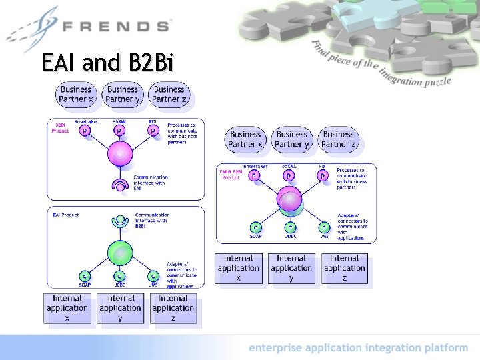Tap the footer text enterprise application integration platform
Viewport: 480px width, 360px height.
pyautogui.click(x=358, y=347)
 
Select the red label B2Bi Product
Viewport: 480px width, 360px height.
pyautogui.click(x=60, y=127)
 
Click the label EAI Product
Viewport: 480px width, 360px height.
pyautogui.click(x=66, y=215)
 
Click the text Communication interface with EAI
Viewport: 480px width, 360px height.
pyautogui.click(x=150, y=183)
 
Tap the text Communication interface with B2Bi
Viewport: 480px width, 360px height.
pyautogui.click(x=152, y=220)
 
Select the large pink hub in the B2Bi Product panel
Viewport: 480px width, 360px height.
pyautogui.click(x=119, y=154)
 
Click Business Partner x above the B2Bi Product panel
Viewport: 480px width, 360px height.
pyautogui.click(x=76, y=94)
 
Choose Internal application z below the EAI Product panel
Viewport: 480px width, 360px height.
pyautogui.click(x=173, y=308)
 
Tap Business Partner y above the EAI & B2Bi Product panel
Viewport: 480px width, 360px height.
pyautogui.click(x=291, y=139)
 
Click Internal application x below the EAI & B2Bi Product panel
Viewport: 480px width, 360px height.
pyautogui.click(x=238, y=268)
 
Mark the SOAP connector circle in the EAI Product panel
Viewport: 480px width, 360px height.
pyautogui.click(x=85, y=276)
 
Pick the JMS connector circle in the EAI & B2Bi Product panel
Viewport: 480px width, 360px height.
pyautogui.click(x=323, y=227)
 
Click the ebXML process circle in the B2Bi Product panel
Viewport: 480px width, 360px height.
pyautogui.click(x=119, y=131)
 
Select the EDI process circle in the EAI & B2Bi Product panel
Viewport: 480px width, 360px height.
pyautogui.click(x=323, y=175)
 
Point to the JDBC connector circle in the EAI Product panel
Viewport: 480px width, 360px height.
pyautogui.click(x=119, y=276)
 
